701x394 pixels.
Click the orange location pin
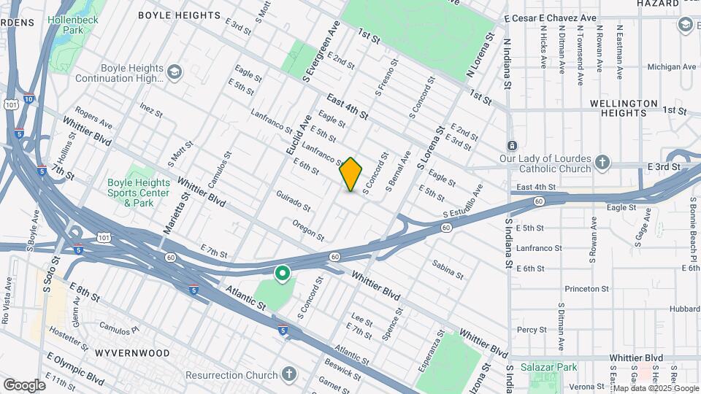click(x=351, y=174)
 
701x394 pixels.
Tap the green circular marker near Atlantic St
click(x=282, y=274)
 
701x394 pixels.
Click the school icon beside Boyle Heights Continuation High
click(x=175, y=72)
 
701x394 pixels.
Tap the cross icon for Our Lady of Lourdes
click(x=602, y=161)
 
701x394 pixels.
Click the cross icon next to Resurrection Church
click(x=289, y=375)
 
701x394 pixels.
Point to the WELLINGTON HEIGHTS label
click(x=624, y=109)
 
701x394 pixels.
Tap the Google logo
click(x=24, y=385)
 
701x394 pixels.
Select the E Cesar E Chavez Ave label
click(x=550, y=18)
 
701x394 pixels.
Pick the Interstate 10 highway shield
click(x=28, y=98)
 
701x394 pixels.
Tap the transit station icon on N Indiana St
click(x=512, y=146)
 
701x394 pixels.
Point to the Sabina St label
click(x=447, y=269)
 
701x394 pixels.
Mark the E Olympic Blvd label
click(x=74, y=369)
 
